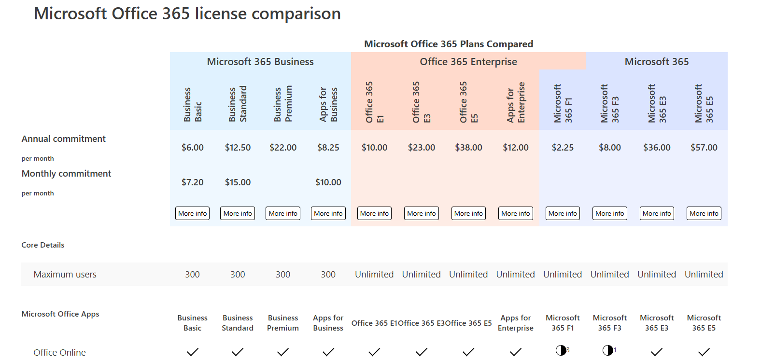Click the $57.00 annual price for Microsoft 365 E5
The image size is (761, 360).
click(x=704, y=148)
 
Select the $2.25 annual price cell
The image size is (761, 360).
click(x=563, y=148)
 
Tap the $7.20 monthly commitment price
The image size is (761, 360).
click(x=192, y=182)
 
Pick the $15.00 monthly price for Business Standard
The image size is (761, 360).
click(x=238, y=182)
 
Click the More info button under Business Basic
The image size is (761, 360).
click(x=192, y=213)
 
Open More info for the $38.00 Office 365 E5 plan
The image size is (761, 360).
click(x=468, y=213)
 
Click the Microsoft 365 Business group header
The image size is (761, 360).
click(x=260, y=62)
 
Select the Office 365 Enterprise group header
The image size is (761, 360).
click(x=468, y=62)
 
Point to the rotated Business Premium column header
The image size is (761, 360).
click(x=283, y=104)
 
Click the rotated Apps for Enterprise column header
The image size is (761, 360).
click(x=516, y=102)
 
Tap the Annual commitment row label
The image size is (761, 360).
click(x=63, y=139)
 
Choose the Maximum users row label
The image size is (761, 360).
click(x=65, y=275)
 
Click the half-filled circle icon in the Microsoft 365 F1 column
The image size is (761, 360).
click(x=561, y=350)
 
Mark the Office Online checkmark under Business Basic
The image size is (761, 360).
click(x=192, y=352)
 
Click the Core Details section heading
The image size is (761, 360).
click(x=42, y=245)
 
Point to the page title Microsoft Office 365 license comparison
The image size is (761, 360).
click(x=187, y=14)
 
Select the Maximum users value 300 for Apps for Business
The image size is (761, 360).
click(x=328, y=275)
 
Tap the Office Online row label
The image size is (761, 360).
click(x=59, y=353)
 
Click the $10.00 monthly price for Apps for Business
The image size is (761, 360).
click(x=328, y=182)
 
